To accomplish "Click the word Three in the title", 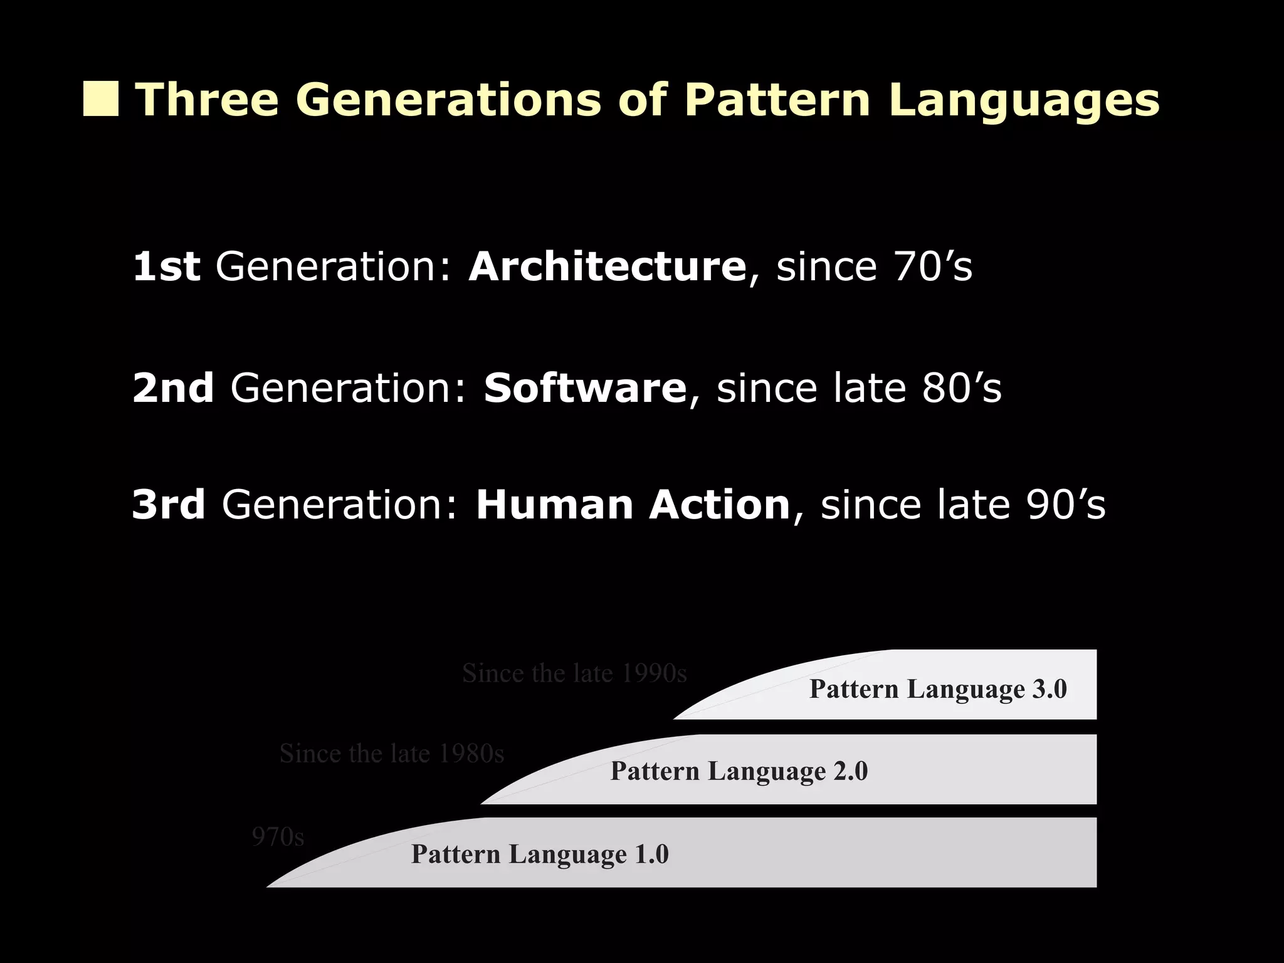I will pos(208,100).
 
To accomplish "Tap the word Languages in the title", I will pos(1024,101).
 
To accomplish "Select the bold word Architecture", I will pos(607,266).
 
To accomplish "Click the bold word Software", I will pos(585,388).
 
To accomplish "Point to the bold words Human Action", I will pos(633,505).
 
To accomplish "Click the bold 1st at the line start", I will pos(166,266).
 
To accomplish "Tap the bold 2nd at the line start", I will pos(173,388).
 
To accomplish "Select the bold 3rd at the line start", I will pos(169,505).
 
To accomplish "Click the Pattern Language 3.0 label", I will pos(938,689).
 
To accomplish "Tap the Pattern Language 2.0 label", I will pos(739,771).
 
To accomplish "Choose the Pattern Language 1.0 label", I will pos(540,854).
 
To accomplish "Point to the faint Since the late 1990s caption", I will pos(574,673).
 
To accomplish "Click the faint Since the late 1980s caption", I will pos(392,754).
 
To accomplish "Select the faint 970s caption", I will pos(278,837).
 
